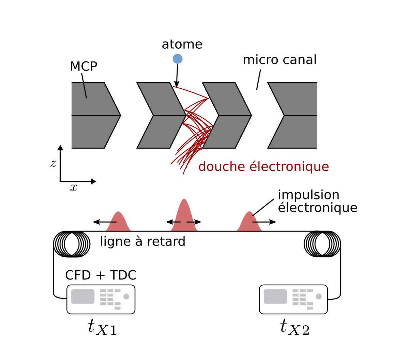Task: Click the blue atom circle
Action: [177, 59]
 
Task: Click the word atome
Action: [182, 44]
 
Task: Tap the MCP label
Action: [84, 66]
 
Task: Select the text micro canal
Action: [279, 60]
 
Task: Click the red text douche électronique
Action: [263, 167]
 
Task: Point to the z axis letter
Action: [53, 164]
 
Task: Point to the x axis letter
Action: [73, 187]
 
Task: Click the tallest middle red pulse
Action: [184, 216]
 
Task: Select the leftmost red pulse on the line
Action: [118, 223]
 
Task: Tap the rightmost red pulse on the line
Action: [249, 223]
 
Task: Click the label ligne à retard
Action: [142, 241]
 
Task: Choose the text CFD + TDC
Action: [101, 275]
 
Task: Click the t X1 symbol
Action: [102, 327]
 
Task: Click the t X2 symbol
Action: [294, 327]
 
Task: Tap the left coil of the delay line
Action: [72, 244]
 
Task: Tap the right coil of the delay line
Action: [322, 244]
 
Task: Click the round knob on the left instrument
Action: [126, 297]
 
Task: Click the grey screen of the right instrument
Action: [275, 297]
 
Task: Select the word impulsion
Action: [308, 195]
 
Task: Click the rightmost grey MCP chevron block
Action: [297, 115]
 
